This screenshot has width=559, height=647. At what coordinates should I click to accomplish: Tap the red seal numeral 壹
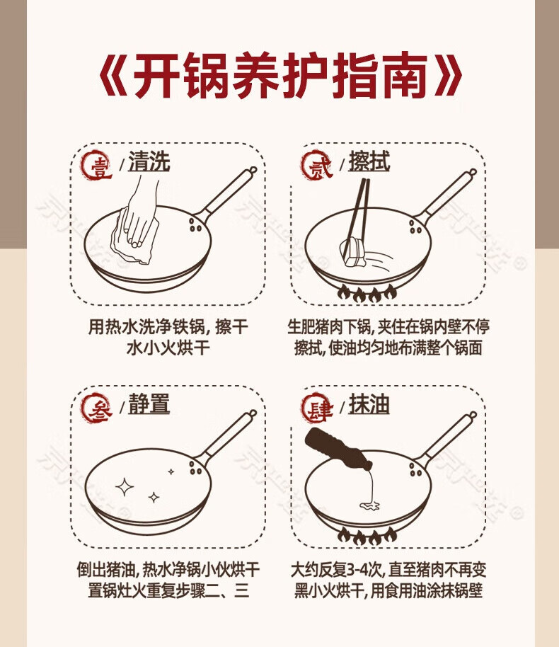pos(98,166)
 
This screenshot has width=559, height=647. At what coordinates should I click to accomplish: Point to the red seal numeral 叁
pos(97,408)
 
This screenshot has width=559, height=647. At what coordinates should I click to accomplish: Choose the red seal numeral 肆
pos(317,408)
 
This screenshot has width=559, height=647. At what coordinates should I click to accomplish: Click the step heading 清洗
pos(149,161)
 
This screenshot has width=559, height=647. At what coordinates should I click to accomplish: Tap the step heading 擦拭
pos(369,161)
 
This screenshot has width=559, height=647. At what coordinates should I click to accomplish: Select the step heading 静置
pos(149,403)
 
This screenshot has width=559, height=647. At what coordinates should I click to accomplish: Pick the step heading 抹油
pos(369,403)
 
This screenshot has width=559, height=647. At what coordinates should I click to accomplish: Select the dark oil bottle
pos(338,449)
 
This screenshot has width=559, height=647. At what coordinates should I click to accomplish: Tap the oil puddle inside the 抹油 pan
pos(369,505)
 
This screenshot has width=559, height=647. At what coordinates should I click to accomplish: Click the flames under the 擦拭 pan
pos(367,294)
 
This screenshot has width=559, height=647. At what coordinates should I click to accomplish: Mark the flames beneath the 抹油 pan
pos(367,537)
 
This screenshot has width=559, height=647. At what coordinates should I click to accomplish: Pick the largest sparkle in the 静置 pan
pos(124,487)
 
